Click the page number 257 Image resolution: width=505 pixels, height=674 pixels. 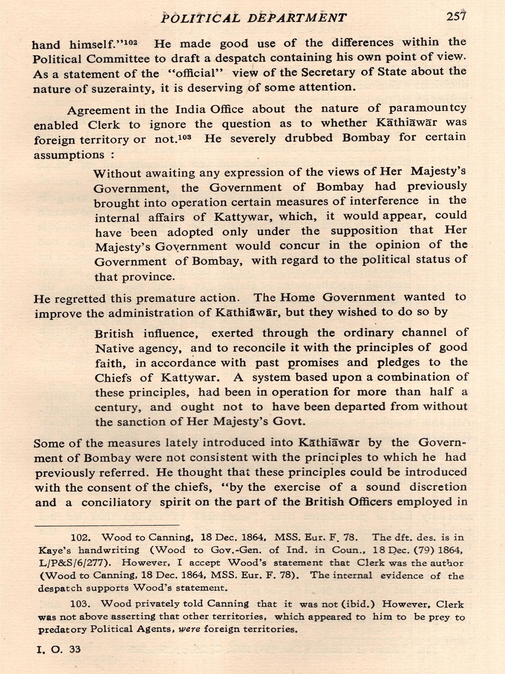tap(456, 17)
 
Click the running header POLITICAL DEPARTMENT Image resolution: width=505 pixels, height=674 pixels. tap(254, 18)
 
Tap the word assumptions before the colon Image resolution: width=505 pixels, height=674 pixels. tap(69, 155)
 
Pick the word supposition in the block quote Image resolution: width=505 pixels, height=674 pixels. tap(364, 231)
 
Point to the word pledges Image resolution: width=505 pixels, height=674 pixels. tap(398, 363)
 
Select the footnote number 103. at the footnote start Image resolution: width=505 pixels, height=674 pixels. tap(79, 604)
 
